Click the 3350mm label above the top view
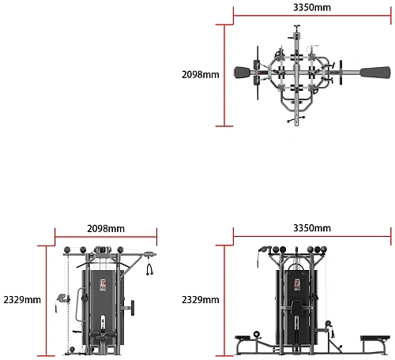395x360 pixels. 312,7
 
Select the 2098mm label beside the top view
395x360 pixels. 201,75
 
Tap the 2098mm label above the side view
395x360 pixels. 106,229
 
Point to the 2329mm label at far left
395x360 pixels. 22,300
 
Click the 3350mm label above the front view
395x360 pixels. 312,228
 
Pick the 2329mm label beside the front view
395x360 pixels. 201,300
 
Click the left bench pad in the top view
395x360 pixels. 243,73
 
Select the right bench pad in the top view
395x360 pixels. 375,73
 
